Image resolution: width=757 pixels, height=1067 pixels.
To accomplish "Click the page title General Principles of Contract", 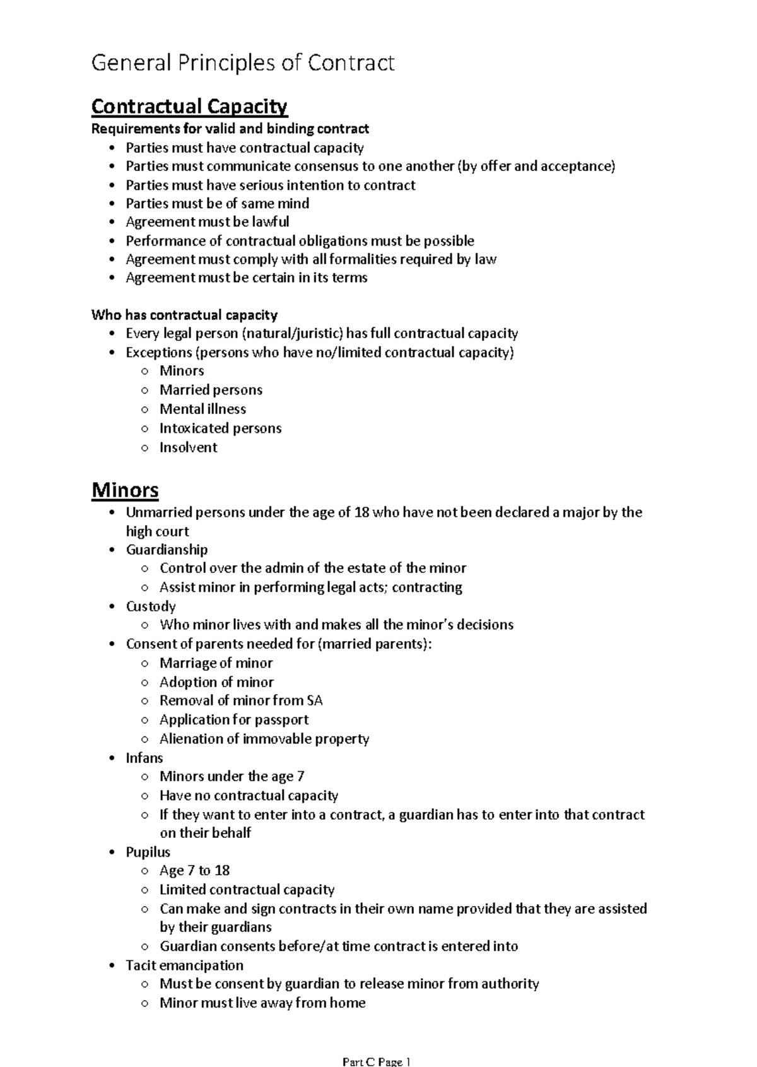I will (243, 63).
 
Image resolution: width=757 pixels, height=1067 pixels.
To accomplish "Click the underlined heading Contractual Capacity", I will (189, 106).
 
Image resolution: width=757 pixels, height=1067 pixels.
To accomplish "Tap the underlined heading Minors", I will (125, 490).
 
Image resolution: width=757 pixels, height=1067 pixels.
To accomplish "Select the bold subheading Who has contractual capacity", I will (184, 314).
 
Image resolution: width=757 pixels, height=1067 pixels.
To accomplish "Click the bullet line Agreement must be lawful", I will (207, 221).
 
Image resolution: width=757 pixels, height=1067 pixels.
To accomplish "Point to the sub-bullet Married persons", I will (211, 389).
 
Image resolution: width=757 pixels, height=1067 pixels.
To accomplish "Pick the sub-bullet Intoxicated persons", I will (220, 428).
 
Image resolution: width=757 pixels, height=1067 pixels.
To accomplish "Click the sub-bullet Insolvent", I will (188, 447).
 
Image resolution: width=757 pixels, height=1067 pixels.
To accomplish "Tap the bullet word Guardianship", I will (167, 549).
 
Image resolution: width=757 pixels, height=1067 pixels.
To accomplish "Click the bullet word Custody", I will (151, 606).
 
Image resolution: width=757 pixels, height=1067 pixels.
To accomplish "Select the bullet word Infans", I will (144, 757).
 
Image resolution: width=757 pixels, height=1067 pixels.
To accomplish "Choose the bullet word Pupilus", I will (148, 851).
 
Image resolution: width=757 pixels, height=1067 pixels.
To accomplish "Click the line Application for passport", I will (234, 719).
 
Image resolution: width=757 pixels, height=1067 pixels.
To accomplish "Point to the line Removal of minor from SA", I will (241, 700).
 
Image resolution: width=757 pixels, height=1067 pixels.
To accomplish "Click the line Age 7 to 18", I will (194, 870).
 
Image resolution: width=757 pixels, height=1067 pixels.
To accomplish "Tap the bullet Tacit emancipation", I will (184, 965).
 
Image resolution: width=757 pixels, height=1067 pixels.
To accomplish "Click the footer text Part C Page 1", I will (377, 1061).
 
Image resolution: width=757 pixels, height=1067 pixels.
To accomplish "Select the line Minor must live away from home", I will (262, 1003).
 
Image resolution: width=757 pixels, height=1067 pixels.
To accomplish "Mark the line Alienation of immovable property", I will (264, 738).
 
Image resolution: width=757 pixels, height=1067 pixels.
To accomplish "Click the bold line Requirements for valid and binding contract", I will (230, 129).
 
